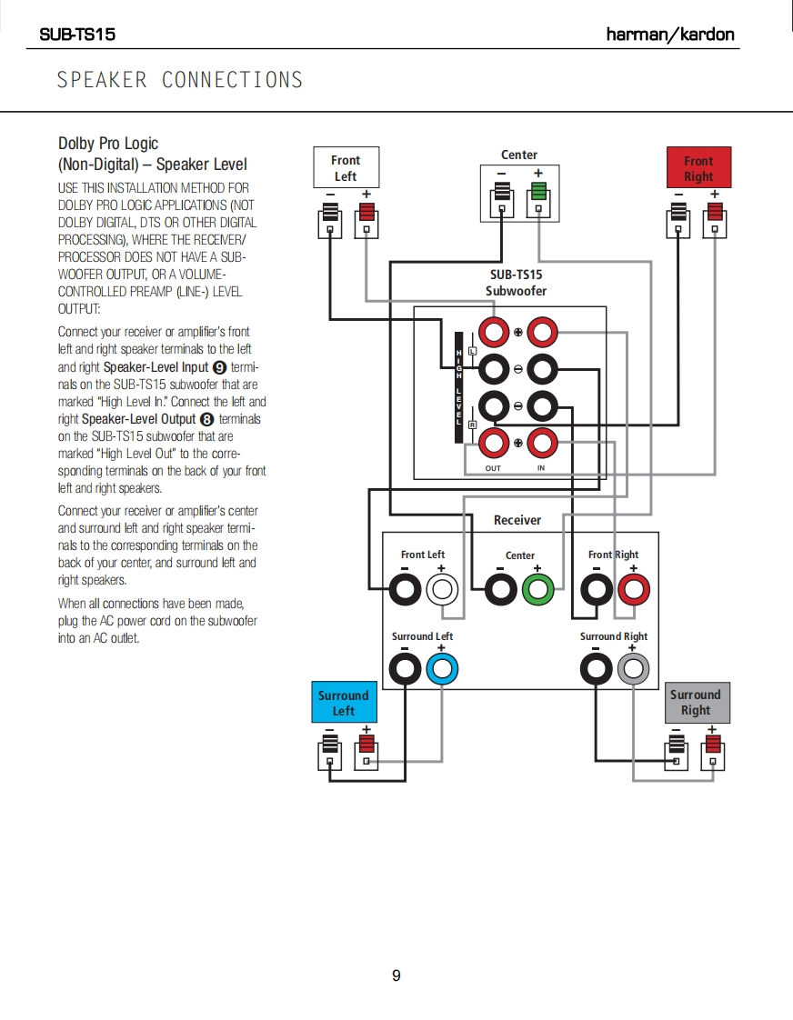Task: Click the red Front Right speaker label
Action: pos(698,168)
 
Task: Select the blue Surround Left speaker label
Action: pos(343,703)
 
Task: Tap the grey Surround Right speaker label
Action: pos(696,702)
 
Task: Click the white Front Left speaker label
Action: pos(346,168)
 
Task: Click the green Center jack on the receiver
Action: pos(537,590)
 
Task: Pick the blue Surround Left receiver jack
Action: pos(441,671)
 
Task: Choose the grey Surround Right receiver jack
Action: pos(632,671)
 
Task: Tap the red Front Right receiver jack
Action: pos(633,590)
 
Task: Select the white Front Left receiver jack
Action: pos(441,590)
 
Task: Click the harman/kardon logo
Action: pos(670,35)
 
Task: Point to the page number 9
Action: pos(396,975)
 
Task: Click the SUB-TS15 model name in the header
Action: pos(77,35)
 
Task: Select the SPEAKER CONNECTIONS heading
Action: pos(180,80)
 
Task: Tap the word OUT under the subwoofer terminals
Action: pos(493,468)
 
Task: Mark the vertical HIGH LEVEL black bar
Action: pos(460,386)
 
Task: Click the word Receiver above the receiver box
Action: pos(517,520)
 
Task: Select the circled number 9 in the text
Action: pos(218,367)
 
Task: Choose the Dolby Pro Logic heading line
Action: pos(108,144)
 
